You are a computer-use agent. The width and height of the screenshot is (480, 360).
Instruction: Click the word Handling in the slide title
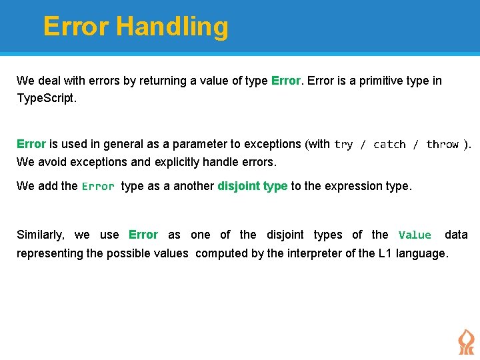click(172, 27)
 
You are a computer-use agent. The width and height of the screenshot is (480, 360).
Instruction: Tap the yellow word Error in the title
click(76, 27)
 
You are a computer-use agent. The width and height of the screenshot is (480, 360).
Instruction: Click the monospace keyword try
click(343, 145)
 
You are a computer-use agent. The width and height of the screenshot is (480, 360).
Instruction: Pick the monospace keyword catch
click(389, 145)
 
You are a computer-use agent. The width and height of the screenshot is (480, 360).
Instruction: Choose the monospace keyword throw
click(443, 145)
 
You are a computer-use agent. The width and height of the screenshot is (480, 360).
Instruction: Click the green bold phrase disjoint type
click(252, 186)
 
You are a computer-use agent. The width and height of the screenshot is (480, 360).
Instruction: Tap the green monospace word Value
click(415, 235)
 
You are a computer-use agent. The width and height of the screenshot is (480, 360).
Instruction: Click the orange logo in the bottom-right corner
click(466, 341)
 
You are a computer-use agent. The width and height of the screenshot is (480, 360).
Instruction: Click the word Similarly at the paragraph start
click(41, 235)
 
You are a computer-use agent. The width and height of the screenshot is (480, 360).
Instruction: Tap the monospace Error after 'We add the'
click(98, 187)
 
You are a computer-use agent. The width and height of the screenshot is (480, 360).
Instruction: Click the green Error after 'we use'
click(143, 235)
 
